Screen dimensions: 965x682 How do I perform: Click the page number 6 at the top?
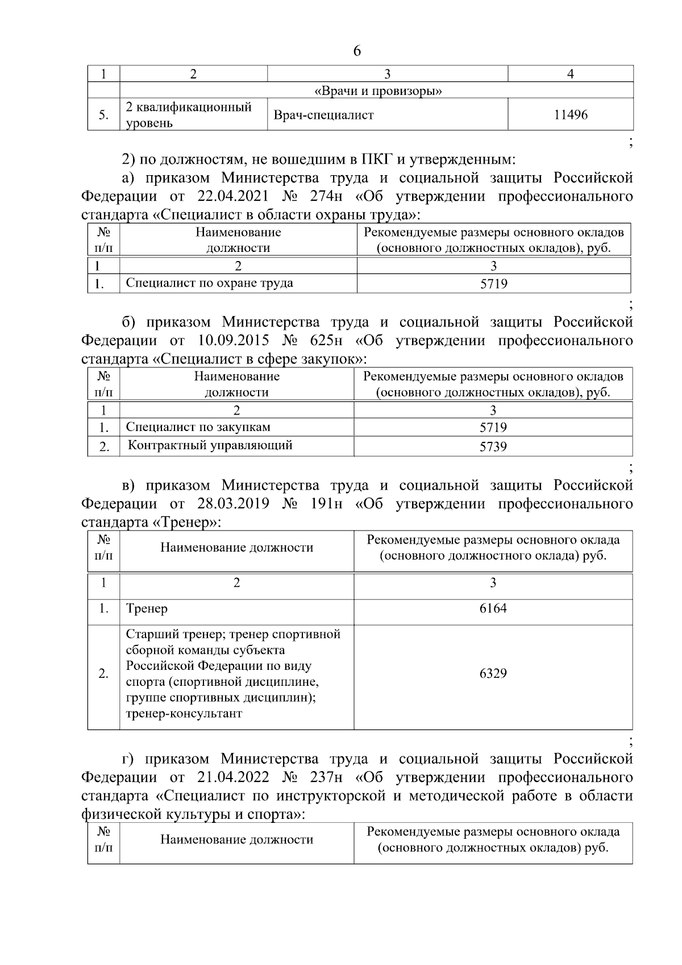pos(356,51)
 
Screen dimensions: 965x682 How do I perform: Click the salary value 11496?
pos(570,115)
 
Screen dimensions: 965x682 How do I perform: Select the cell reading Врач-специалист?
pos(324,115)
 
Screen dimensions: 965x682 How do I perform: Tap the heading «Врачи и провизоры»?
pos(378,91)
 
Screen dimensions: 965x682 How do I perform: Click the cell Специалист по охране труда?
pos(210,283)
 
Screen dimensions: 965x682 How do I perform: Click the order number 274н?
pos(325,197)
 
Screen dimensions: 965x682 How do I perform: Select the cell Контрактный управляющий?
pos(210,445)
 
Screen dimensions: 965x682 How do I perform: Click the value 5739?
pos(493,447)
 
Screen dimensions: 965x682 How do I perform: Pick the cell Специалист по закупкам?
pos(198,427)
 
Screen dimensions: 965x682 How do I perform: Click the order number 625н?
pos(325,341)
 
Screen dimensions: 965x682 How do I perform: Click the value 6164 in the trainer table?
pos(493,608)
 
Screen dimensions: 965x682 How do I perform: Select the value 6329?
pos(493,673)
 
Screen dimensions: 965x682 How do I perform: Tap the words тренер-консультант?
pos(184,713)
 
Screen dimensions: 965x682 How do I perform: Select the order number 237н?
pos(325,777)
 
